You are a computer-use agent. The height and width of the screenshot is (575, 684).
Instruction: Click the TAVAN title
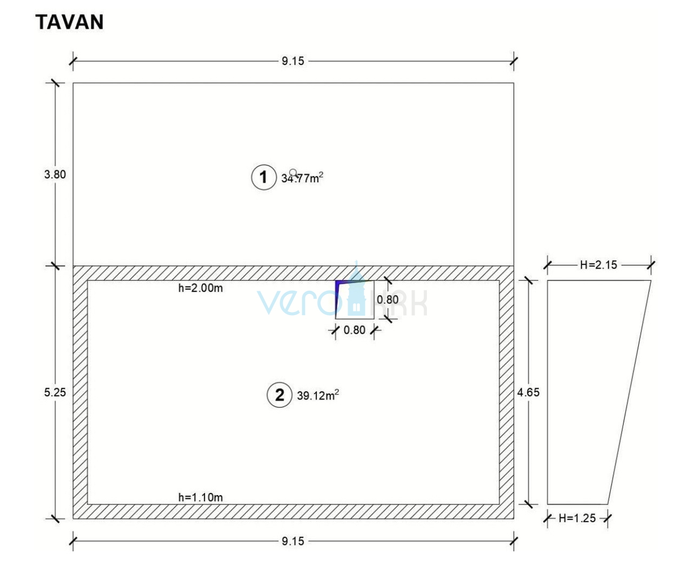(69, 22)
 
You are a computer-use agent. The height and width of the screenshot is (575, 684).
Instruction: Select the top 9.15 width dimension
(293, 61)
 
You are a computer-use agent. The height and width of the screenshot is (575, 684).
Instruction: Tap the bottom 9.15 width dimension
(293, 541)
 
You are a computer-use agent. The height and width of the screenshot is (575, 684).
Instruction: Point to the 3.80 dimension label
(55, 174)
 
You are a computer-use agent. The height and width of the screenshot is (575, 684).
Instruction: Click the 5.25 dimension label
(55, 392)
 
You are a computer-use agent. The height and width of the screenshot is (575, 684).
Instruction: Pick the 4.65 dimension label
(529, 392)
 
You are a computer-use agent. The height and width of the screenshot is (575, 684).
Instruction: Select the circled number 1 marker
(263, 177)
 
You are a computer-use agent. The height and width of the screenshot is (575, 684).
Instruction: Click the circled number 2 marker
(279, 395)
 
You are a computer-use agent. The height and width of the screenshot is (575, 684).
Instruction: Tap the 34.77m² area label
(302, 178)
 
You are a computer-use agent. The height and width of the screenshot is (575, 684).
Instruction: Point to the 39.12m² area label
(318, 396)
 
